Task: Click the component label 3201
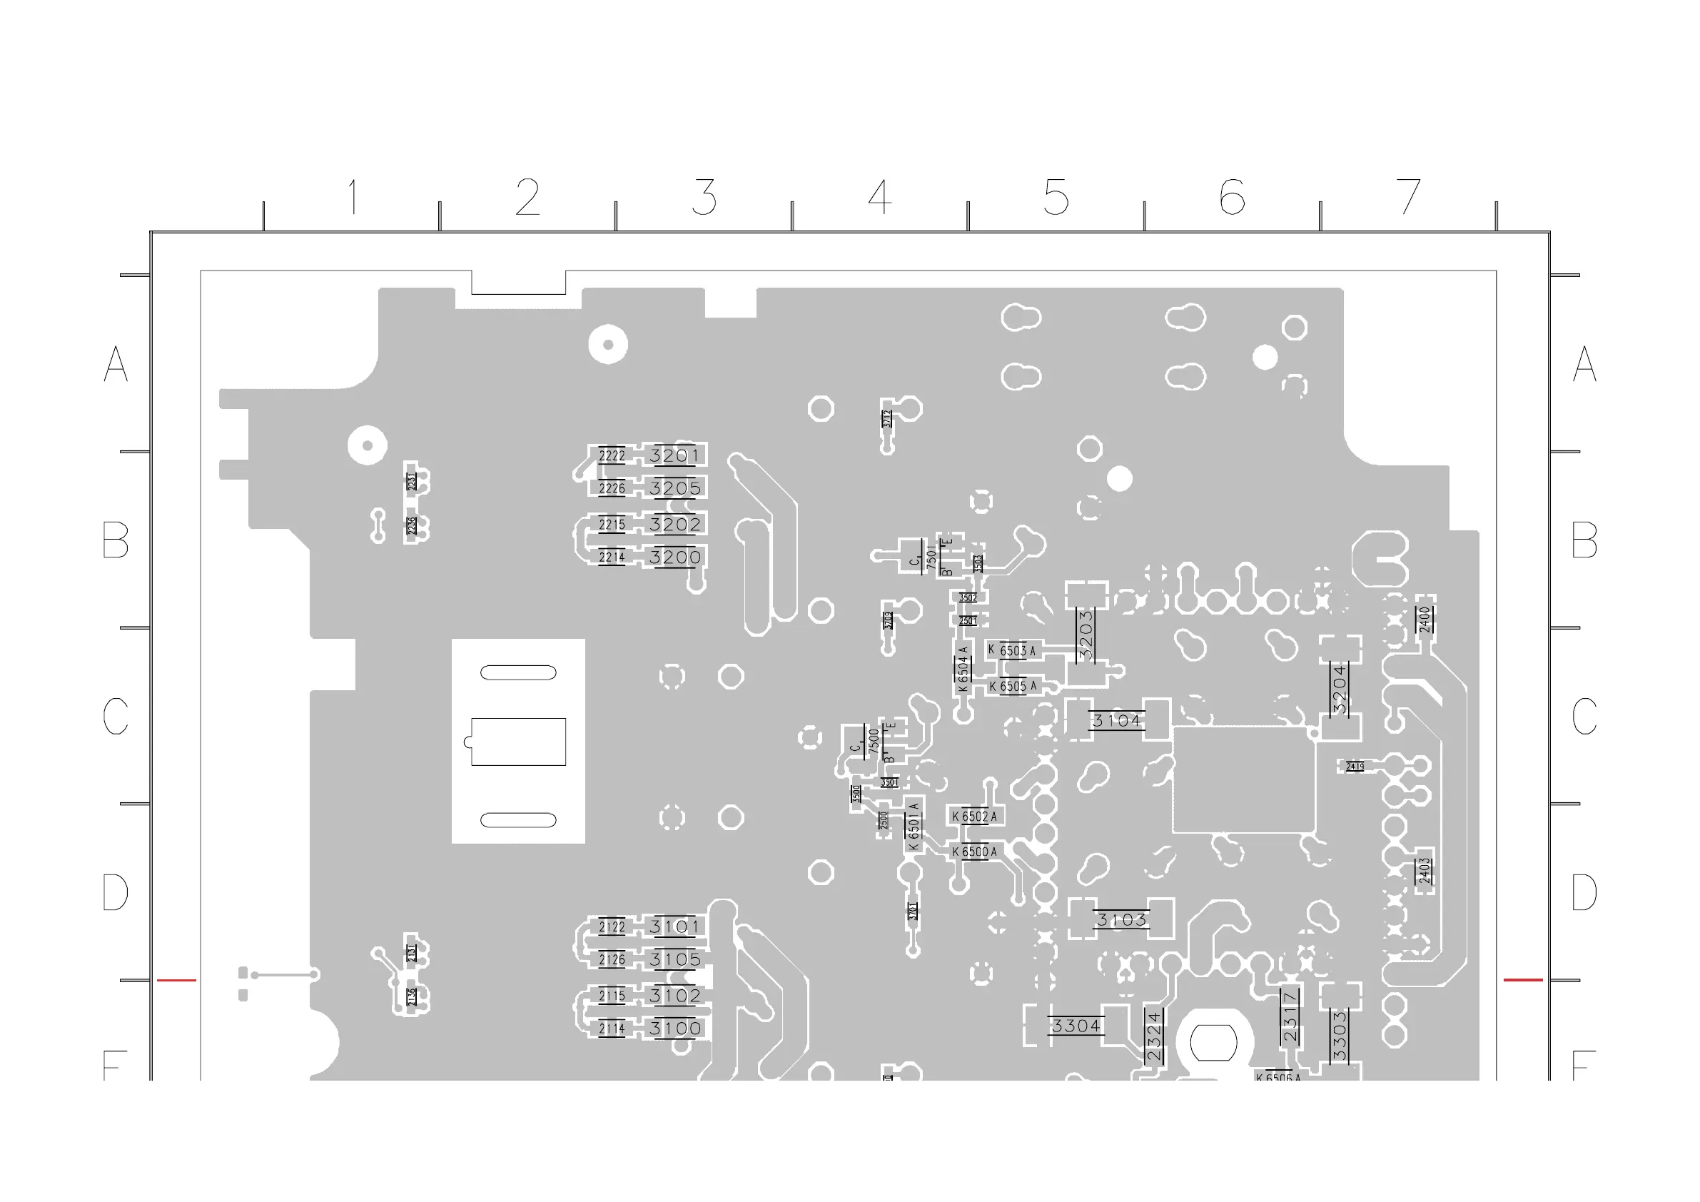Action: tap(674, 455)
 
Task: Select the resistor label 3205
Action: tap(674, 488)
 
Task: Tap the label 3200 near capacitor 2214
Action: tap(674, 557)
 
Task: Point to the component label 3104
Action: tap(1116, 721)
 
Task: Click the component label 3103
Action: tap(1121, 920)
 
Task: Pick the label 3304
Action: tap(1076, 1026)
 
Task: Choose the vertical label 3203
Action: tap(1086, 635)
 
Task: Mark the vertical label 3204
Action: tap(1340, 690)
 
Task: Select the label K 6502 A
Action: tap(974, 816)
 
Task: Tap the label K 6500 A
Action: tap(974, 852)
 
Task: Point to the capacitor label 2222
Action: tap(612, 455)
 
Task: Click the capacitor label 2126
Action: tap(612, 960)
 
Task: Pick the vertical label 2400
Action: tap(1425, 619)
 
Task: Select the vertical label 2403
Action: tap(1425, 871)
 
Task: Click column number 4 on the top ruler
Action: tap(879, 197)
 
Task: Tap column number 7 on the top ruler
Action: tap(1408, 197)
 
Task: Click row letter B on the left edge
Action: tap(116, 540)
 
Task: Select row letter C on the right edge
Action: tap(1584, 716)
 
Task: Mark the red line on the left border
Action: tap(176, 980)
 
